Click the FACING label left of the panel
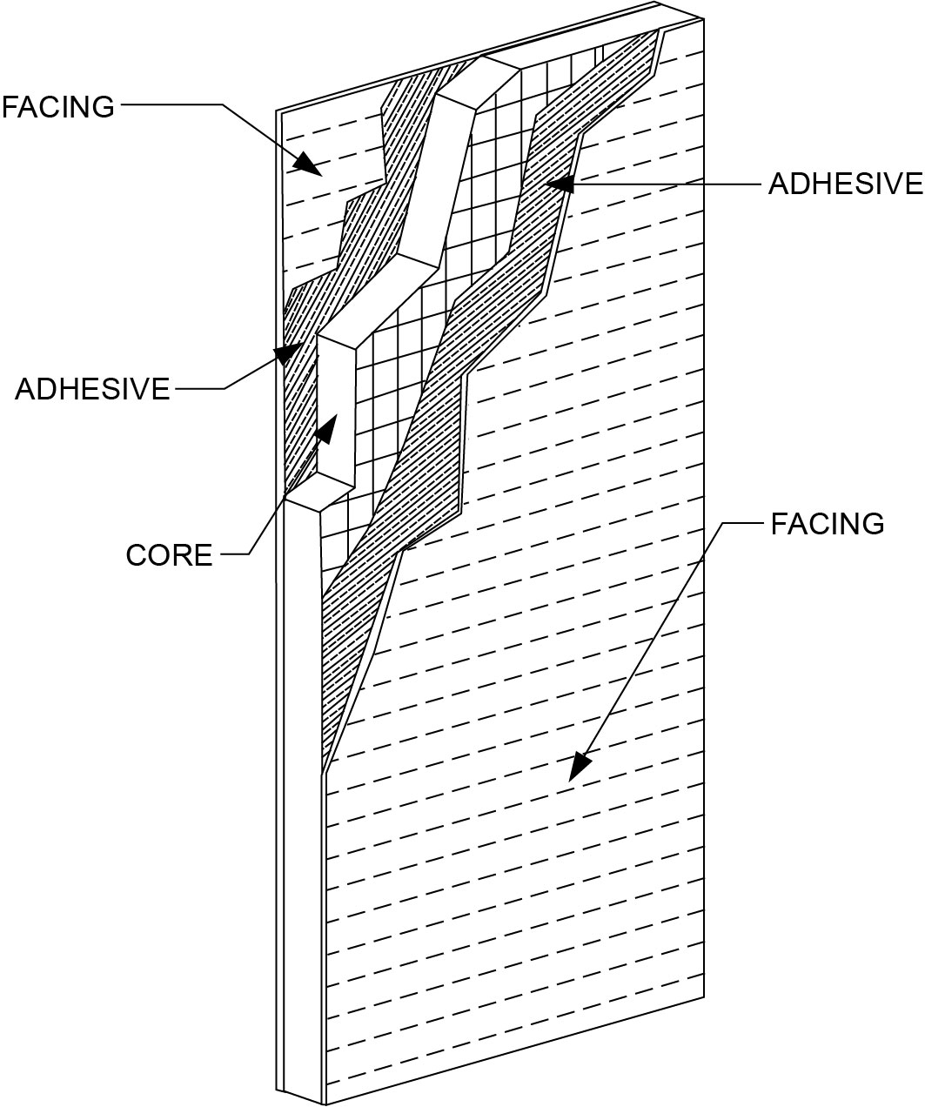58,107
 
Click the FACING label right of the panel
827,524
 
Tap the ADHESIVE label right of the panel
844,184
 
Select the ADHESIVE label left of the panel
92,389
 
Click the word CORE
169,555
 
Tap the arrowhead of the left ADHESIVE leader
286,352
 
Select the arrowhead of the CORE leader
329,426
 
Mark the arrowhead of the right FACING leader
579,767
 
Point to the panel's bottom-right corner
704,1000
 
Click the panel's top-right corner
704,17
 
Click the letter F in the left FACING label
10,107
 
